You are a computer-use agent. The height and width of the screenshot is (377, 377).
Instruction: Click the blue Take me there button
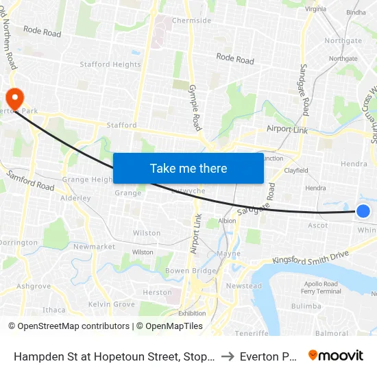[188, 168]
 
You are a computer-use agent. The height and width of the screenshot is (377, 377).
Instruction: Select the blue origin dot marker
[363, 211]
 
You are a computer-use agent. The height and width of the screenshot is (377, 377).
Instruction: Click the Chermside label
[191, 21]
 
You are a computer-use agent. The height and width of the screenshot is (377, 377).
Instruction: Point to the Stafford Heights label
[110, 64]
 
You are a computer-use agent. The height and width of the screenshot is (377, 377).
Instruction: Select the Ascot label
[318, 225]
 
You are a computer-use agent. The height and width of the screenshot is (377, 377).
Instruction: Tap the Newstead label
[244, 286]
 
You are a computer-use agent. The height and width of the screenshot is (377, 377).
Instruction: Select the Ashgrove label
[34, 286]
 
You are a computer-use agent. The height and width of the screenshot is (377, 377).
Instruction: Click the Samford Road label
[29, 182]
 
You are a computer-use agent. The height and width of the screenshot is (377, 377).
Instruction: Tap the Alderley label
[75, 198]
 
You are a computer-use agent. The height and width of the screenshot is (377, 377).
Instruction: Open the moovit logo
[336, 355]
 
